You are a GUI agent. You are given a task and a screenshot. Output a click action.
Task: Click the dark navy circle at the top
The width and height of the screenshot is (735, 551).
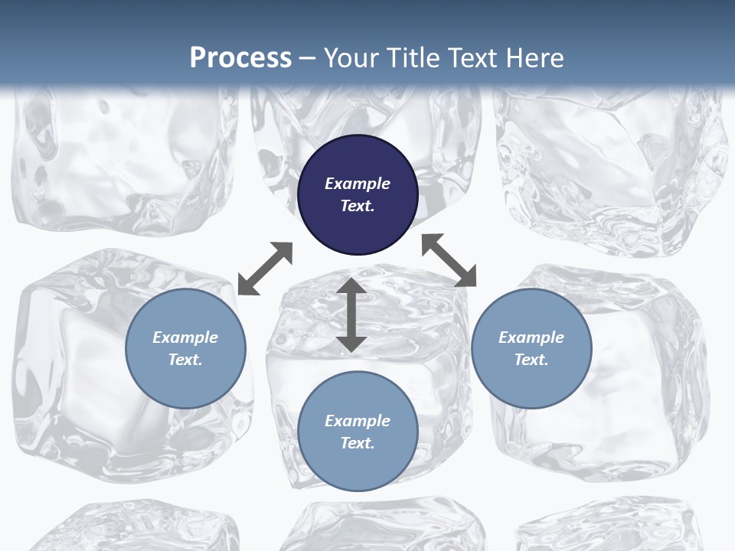358,194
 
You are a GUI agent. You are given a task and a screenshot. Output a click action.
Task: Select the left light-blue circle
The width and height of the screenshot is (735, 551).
185,348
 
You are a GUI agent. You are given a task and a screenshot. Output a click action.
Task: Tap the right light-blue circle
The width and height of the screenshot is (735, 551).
531,348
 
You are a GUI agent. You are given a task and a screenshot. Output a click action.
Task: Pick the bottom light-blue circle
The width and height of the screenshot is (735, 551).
358,432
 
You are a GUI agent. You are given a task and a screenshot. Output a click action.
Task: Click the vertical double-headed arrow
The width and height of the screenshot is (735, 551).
351,315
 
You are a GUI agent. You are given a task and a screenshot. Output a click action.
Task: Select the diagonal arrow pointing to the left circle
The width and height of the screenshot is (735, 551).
265,269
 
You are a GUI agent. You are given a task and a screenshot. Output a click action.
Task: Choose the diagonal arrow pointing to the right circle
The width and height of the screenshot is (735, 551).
449,260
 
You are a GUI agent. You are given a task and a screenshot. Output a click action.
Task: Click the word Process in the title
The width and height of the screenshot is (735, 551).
240,57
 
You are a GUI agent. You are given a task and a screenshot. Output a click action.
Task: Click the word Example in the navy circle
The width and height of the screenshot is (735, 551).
358,184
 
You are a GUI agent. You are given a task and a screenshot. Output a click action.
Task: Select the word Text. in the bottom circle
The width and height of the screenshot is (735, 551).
358,443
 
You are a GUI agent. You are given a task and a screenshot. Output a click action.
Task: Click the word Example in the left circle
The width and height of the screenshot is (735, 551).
185,337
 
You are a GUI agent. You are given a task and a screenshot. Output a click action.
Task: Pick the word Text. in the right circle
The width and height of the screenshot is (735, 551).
531,360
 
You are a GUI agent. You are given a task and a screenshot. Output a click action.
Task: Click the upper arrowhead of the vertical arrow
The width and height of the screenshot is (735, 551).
351,286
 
